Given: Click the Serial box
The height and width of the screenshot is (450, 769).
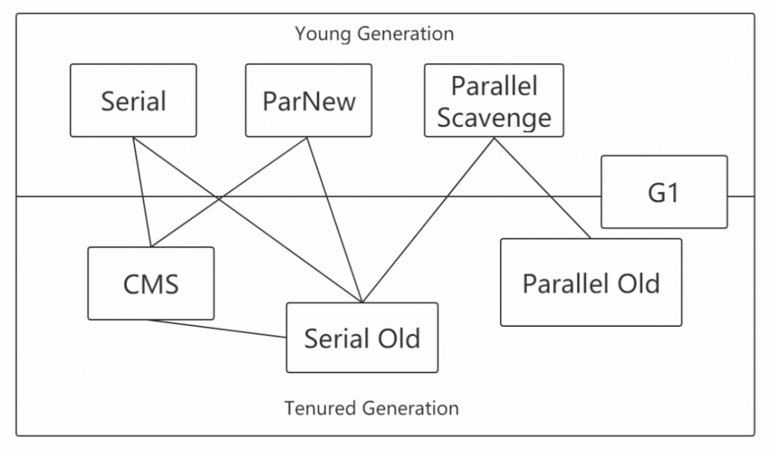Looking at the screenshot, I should click(x=133, y=101).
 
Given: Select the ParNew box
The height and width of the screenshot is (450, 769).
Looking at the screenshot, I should click(x=308, y=101).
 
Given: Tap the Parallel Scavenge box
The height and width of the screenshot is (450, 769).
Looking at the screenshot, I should click(x=493, y=101).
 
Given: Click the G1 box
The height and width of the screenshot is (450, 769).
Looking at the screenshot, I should click(x=664, y=192).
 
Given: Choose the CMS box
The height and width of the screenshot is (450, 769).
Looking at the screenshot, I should click(x=151, y=284).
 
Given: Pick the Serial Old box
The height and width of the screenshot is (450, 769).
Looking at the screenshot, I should click(x=361, y=338).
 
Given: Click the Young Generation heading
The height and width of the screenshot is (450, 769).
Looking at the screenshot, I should click(x=374, y=34).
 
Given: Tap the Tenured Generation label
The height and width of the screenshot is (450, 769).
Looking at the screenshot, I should click(x=371, y=408).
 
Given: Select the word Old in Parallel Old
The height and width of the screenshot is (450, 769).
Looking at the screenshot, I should click(x=634, y=283).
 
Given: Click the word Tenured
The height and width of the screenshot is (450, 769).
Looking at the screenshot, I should click(x=314, y=408).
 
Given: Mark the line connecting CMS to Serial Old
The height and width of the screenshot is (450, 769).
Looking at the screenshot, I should click(x=218, y=328).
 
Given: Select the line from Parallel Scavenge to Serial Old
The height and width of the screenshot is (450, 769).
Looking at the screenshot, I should click(x=428, y=220).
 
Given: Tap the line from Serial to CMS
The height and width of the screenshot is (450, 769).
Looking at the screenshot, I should click(x=141, y=192).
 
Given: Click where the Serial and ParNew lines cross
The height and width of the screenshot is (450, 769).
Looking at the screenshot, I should click(x=219, y=198).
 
